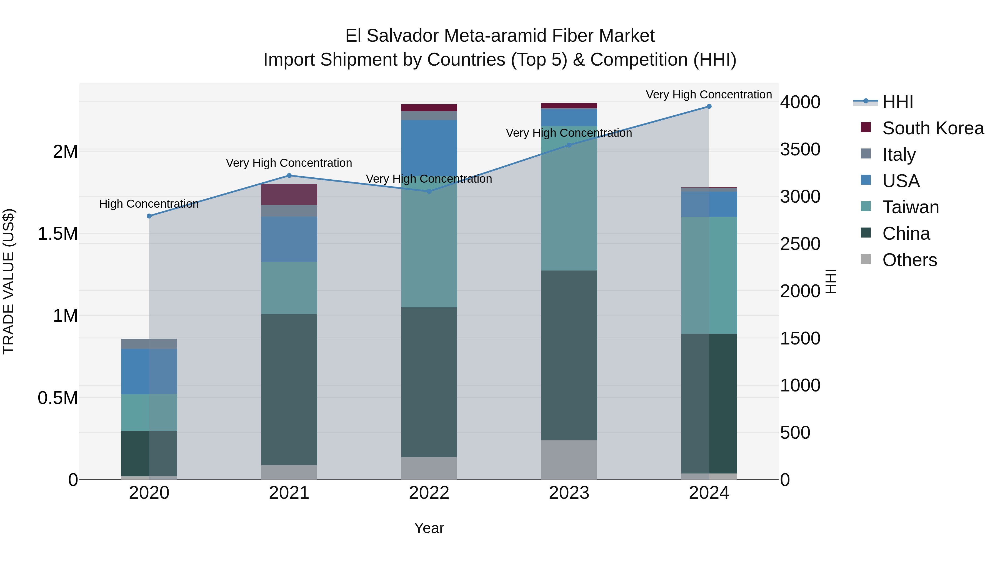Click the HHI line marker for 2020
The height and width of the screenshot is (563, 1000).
149,216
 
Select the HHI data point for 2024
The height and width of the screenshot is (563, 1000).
709,106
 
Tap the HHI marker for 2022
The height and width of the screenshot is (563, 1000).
429,192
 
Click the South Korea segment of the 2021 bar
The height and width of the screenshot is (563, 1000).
289,194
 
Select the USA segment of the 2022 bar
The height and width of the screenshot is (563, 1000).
429,148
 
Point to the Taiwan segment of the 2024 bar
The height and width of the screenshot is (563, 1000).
709,275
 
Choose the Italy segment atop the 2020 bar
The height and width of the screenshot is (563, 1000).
149,344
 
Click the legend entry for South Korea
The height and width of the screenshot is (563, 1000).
933,128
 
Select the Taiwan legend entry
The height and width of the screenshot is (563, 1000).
910,207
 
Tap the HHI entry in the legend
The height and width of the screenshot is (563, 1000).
897,102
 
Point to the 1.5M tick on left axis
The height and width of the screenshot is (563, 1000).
58,234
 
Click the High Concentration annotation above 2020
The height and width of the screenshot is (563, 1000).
149,204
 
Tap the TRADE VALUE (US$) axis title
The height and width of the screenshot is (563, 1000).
9,281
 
